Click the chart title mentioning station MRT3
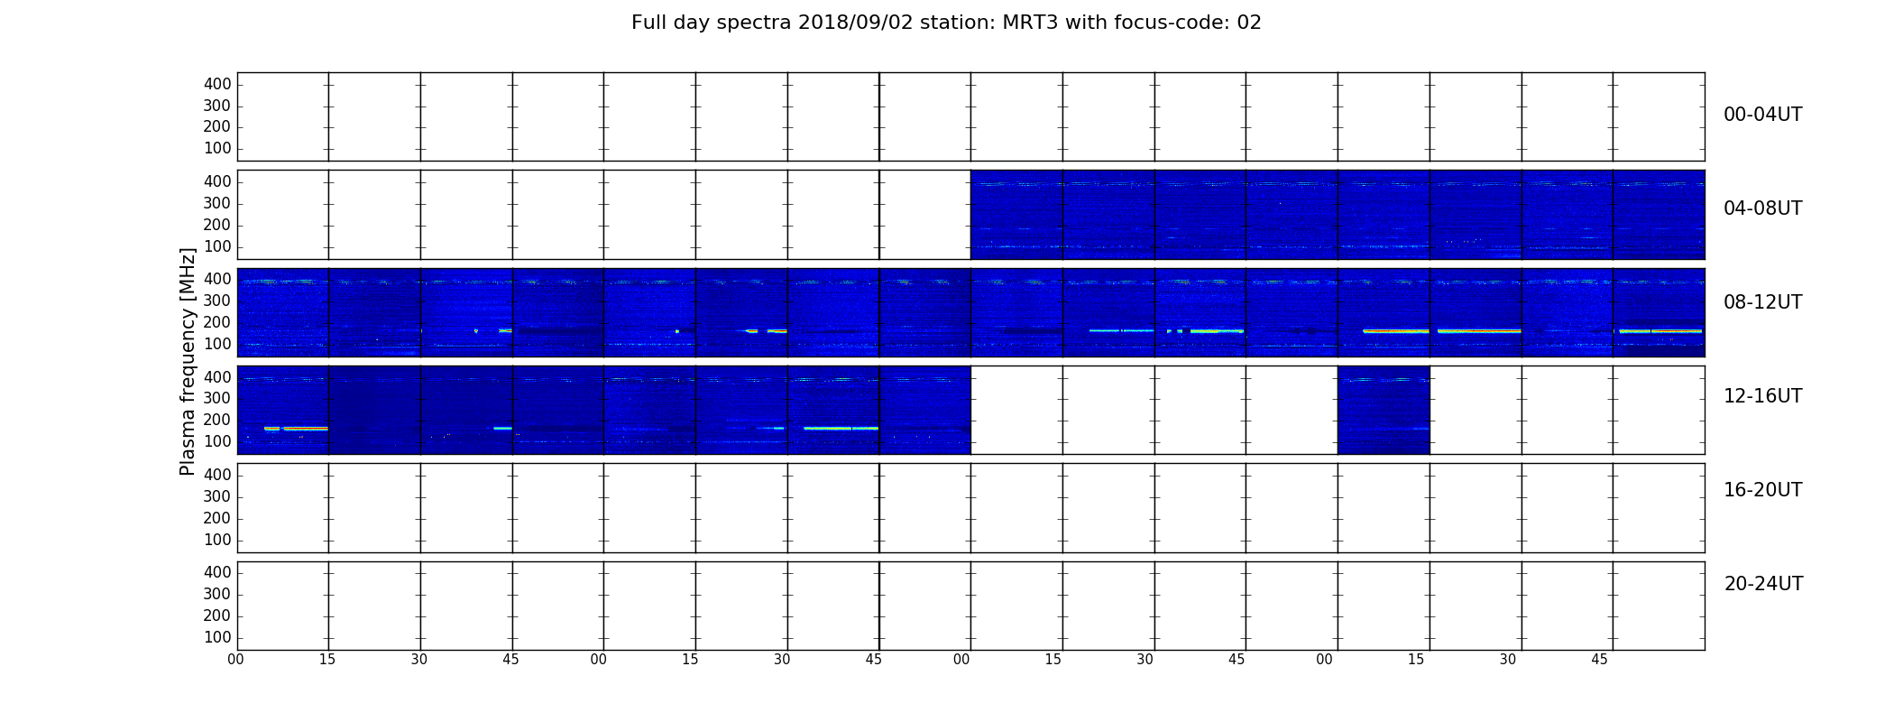946,23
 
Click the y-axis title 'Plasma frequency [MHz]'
188,361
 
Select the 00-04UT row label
1763,115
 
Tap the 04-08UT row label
1763,208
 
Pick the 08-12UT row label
1763,302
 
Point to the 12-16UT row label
1763,396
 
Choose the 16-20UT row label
1763,490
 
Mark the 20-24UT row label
1763,584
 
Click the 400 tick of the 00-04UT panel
217,84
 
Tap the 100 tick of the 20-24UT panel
217,637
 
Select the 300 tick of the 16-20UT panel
217,496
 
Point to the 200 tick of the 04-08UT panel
217,225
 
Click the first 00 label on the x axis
235,660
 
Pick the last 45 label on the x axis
1599,660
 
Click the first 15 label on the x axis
327,660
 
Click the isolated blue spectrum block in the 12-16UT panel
1384,410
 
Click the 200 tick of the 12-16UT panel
217,420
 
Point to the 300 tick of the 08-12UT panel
217,301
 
